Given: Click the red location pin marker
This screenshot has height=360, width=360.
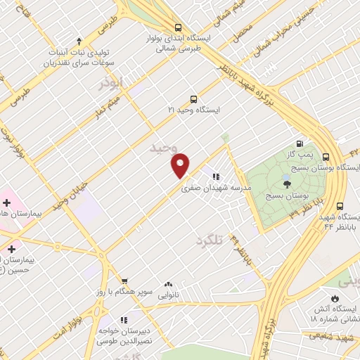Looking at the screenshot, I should tap(181, 165).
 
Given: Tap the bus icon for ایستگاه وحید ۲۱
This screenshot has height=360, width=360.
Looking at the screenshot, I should tap(194, 99).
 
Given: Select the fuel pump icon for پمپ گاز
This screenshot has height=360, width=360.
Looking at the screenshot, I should tap(301, 143).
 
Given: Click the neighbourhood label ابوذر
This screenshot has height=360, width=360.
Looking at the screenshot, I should tap(110, 83).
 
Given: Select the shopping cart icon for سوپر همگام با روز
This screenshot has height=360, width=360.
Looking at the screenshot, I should tap(124, 280).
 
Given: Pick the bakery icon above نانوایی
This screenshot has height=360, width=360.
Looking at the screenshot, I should tap(168, 285).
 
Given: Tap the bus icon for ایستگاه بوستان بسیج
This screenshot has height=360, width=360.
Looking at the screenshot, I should tap(326, 157).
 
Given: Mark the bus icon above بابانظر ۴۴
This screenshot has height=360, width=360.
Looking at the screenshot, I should tap(340, 207).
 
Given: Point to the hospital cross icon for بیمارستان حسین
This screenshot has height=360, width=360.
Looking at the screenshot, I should tap(11, 249).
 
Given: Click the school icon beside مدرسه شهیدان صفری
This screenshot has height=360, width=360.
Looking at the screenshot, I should tap(215, 177).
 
